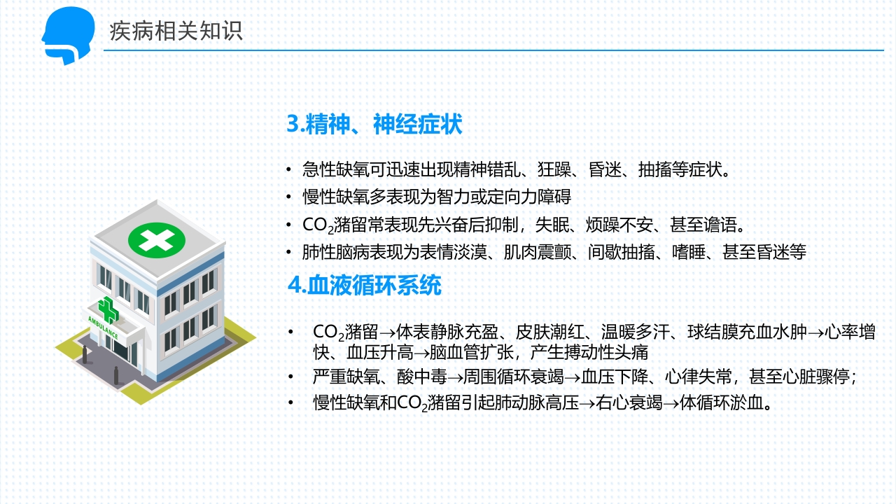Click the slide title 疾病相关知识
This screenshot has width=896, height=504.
(x=176, y=31)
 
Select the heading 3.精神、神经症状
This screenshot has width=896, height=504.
(x=374, y=125)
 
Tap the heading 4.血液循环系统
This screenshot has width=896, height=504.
(x=365, y=286)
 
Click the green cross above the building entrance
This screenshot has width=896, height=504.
(x=107, y=308)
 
